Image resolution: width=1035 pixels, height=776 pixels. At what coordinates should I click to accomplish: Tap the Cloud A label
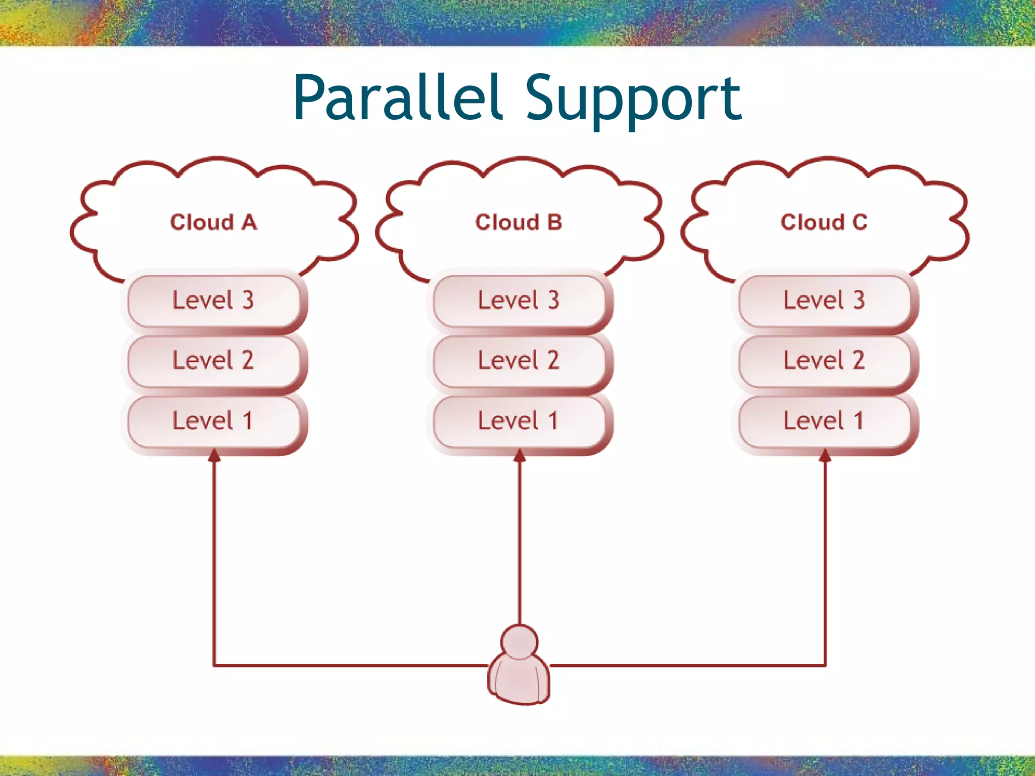coord(213,222)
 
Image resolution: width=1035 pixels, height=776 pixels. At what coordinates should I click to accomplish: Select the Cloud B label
coord(519,222)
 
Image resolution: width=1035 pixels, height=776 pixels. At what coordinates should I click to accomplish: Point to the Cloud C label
coord(824,222)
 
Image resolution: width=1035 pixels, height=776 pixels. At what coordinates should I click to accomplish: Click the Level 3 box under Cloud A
coord(213,301)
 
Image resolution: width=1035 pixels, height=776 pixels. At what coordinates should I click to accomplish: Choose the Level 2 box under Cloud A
coord(213,361)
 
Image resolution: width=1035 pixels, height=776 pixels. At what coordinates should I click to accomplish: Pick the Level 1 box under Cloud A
coord(213,421)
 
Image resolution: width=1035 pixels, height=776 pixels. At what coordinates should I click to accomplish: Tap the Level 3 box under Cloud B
coord(519,301)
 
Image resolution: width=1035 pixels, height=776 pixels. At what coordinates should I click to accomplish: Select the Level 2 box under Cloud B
coord(519,361)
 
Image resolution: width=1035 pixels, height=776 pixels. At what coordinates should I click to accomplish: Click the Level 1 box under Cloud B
coord(519,421)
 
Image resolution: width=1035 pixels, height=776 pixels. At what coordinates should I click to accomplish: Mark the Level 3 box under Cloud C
coord(824,301)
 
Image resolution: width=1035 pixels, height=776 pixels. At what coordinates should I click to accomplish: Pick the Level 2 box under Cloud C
coord(824,361)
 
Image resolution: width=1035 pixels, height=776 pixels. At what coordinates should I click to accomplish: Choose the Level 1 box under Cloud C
coord(824,421)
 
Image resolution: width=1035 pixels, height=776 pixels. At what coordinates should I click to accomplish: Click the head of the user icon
coord(519,642)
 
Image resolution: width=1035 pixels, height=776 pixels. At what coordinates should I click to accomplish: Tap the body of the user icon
coord(519,680)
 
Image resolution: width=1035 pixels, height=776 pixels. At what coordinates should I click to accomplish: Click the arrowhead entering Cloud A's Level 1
coord(214,456)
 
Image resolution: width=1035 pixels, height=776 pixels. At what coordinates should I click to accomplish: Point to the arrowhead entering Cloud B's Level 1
coord(520,456)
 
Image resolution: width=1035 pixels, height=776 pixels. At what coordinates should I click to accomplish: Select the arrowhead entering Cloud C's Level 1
coord(825,456)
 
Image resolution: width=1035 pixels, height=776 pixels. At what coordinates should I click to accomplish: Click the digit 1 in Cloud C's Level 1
coord(858,421)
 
